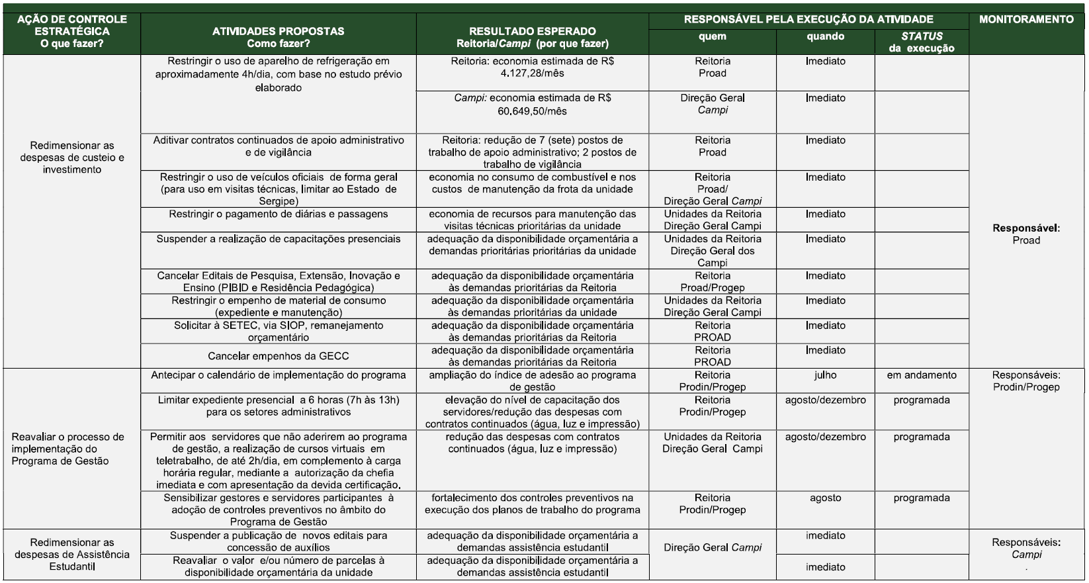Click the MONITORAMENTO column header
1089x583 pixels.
point(1026,20)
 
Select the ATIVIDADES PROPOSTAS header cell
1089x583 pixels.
point(278,37)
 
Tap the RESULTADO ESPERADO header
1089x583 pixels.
point(532,37)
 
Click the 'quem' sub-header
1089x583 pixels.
point(712,37)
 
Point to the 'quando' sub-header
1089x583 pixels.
point(825,37)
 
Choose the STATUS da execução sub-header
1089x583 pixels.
point(921,42)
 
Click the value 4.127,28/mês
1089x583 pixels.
point(532,73)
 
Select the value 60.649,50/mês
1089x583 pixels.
point(532,111)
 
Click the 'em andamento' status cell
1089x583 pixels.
point(921,375)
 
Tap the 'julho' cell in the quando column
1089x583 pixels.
point(825,375)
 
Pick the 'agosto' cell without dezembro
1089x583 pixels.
point(825,498)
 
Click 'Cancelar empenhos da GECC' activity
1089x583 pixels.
point(278,356)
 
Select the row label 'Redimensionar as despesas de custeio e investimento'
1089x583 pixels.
point(71,157)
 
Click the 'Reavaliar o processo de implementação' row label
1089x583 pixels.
point(68,449)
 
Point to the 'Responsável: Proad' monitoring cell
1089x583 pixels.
point(1025,234)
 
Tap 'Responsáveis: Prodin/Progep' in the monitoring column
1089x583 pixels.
point(1025,381)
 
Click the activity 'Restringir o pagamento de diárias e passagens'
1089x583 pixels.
point(278,214)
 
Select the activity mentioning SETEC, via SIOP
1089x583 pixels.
point(278,331)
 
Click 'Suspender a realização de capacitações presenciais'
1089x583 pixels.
point(278,239)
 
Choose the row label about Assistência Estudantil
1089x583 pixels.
point(71,555)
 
